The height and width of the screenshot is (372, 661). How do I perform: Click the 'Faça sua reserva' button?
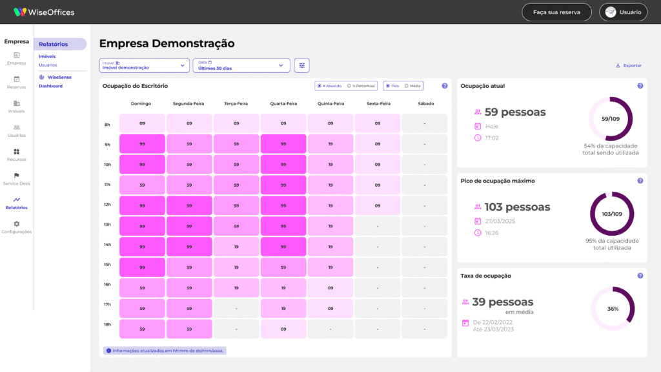557,12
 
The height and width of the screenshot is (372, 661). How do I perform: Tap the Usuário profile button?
624,12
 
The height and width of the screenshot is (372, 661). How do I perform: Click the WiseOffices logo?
44,12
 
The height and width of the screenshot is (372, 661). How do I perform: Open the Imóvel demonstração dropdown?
144,65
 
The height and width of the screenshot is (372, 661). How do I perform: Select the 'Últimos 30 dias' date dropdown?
241,65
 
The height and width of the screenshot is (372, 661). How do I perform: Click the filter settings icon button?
302,65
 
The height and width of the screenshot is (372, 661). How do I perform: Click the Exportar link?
629,66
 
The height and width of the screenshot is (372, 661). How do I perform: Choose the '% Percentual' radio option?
361,86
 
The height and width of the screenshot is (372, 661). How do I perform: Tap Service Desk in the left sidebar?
17,179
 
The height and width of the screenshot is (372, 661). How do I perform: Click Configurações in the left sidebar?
17,227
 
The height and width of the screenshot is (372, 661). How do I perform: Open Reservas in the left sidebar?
17,82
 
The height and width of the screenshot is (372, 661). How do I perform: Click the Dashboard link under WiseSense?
50,86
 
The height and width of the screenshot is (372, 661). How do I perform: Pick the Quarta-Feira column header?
283,103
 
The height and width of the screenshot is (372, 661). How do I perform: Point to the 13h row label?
107,225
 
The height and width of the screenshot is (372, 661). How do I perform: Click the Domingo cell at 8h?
142,123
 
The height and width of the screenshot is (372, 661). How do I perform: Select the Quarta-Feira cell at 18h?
283,329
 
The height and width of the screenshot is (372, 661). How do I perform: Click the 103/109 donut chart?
612,214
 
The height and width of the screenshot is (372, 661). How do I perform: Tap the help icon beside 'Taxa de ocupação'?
640,276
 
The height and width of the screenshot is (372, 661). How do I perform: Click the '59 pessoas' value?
515,112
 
